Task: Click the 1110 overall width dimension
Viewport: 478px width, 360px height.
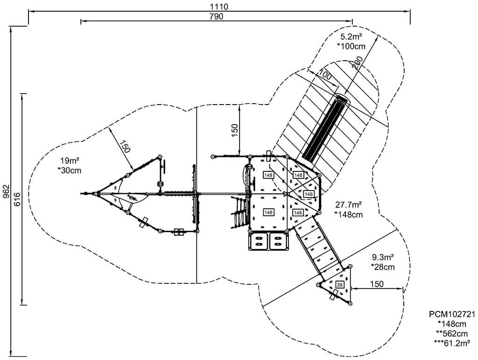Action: pos(219,6)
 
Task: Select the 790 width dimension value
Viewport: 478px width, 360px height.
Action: pos(216,17)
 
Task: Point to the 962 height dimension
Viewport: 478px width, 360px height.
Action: pos(6,191)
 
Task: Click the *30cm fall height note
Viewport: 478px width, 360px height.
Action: pos(69,170)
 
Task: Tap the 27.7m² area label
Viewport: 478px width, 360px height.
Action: pos(349,205)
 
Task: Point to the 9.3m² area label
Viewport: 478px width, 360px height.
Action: pos(383,258)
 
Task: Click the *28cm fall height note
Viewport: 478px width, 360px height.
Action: pos(383,267)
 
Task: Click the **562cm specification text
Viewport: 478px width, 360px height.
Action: pos(451,333)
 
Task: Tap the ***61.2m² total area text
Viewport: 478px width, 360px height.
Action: pos(451,343)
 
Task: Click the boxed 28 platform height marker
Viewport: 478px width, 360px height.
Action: pos(339,284)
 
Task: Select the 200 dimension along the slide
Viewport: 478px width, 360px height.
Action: pos(358,63)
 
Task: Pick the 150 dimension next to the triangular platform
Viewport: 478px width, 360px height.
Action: pos(376,284)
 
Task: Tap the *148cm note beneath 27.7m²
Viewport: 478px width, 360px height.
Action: pos(349,214)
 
